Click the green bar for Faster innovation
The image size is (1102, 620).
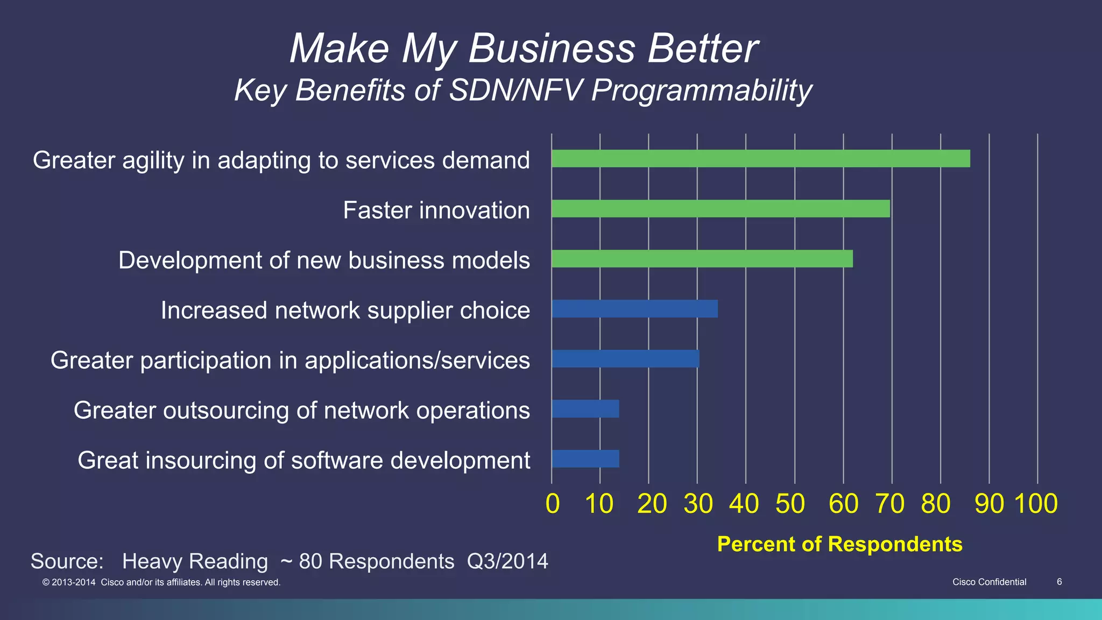pyautogui.click(x=720, y=209)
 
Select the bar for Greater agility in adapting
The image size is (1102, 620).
pyautogui.click(x=760, y=159)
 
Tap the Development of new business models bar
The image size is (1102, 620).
pyautogui.click(x=702, y=259)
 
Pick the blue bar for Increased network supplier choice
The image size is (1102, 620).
pyautogui.click(x=634, y=309)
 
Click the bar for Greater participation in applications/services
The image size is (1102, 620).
pyautogui.click(x=625, y=359)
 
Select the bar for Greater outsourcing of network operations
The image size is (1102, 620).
pyautogui.click(x=585, y=409)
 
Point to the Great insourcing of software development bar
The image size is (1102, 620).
pyautogui.click(x=585, y=459)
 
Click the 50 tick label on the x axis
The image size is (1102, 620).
pyautogui.click(x=790, y=504)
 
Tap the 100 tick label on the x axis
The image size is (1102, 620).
pyautogui.click(x=1036, y=504)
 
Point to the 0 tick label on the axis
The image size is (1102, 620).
pyautogui.click(x=553, y=504)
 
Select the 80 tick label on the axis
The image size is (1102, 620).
pyautogui.click(x=936, y=504)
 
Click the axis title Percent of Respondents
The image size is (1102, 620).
pyautogui.click(x=839, y=544)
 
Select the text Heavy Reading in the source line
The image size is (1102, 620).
pyautogui.click(x=195, y=561)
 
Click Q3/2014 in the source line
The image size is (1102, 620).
pyautogui.click(x=507, y=561)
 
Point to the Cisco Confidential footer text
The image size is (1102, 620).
pyautogui.click(x=989, y=582)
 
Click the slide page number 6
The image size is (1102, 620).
pyautogui.click(x=1059, y=582)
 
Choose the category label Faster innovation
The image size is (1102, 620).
pyautogui.click(x=436, y=210)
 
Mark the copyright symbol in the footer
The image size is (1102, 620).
pyautogui.click(x=46, y=582)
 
